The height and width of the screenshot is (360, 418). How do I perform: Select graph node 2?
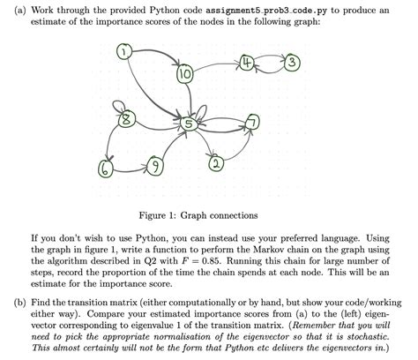[216, 164]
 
